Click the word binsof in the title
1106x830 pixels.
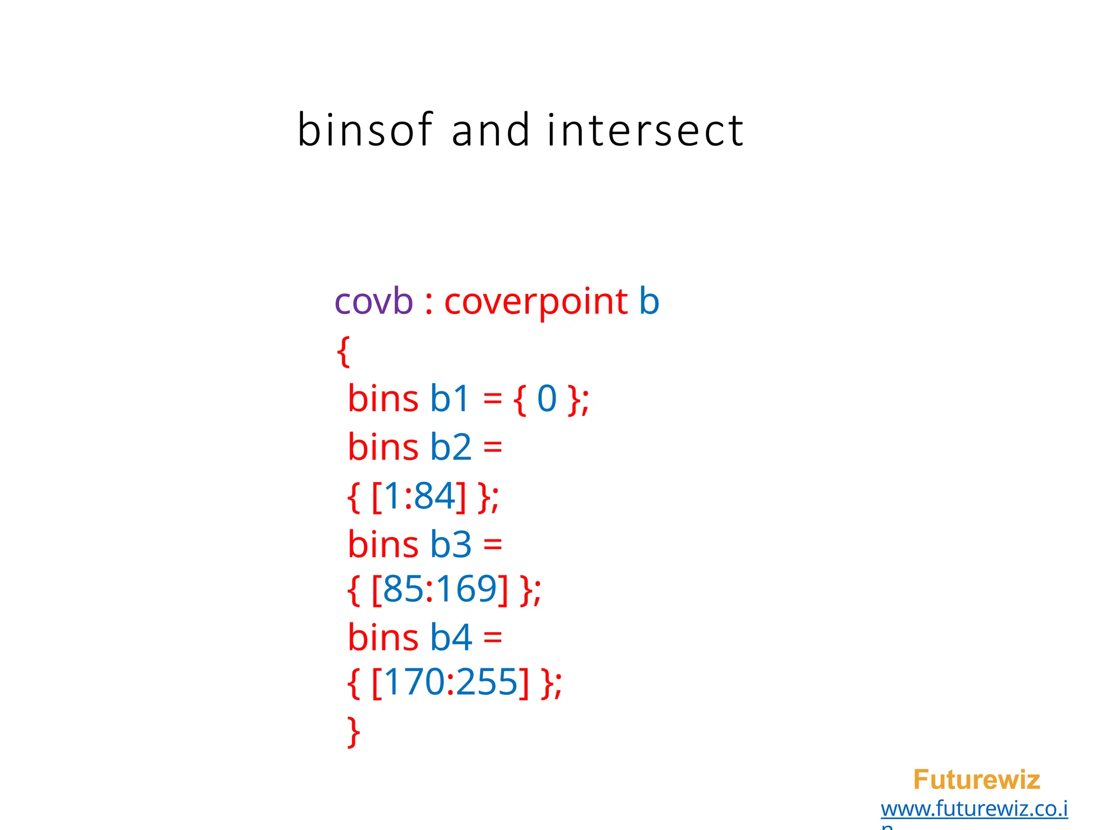click(x=365, y=130)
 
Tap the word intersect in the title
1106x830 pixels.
click(x=645, y=130)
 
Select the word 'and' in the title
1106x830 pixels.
click(x=490, y=130)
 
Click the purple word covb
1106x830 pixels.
click(x=374, y=301)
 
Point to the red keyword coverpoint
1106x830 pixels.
click(x=536, y=301)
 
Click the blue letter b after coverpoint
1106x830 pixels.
click(x=649, y=301)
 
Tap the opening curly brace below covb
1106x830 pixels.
click(x=343, y=351)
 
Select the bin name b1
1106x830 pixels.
click(x=449, y=399)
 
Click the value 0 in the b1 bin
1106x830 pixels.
click(x=547, y=399)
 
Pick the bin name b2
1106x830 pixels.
click(x=450, y=447)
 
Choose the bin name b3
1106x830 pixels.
click(x=450, y=544)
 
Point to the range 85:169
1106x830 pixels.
click(x=440, y=589)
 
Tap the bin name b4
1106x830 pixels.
click(x=450, y=637)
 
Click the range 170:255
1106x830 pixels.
click(x=450, y=682)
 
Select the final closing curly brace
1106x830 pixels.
click(x=354, y=732)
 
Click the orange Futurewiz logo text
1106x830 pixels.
click(x=976, y=780)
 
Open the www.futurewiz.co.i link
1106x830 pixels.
click(x=974, y=809)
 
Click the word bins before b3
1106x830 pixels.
click(x=383, y=544)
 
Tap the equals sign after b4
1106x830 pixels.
click(x=493, y=637)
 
